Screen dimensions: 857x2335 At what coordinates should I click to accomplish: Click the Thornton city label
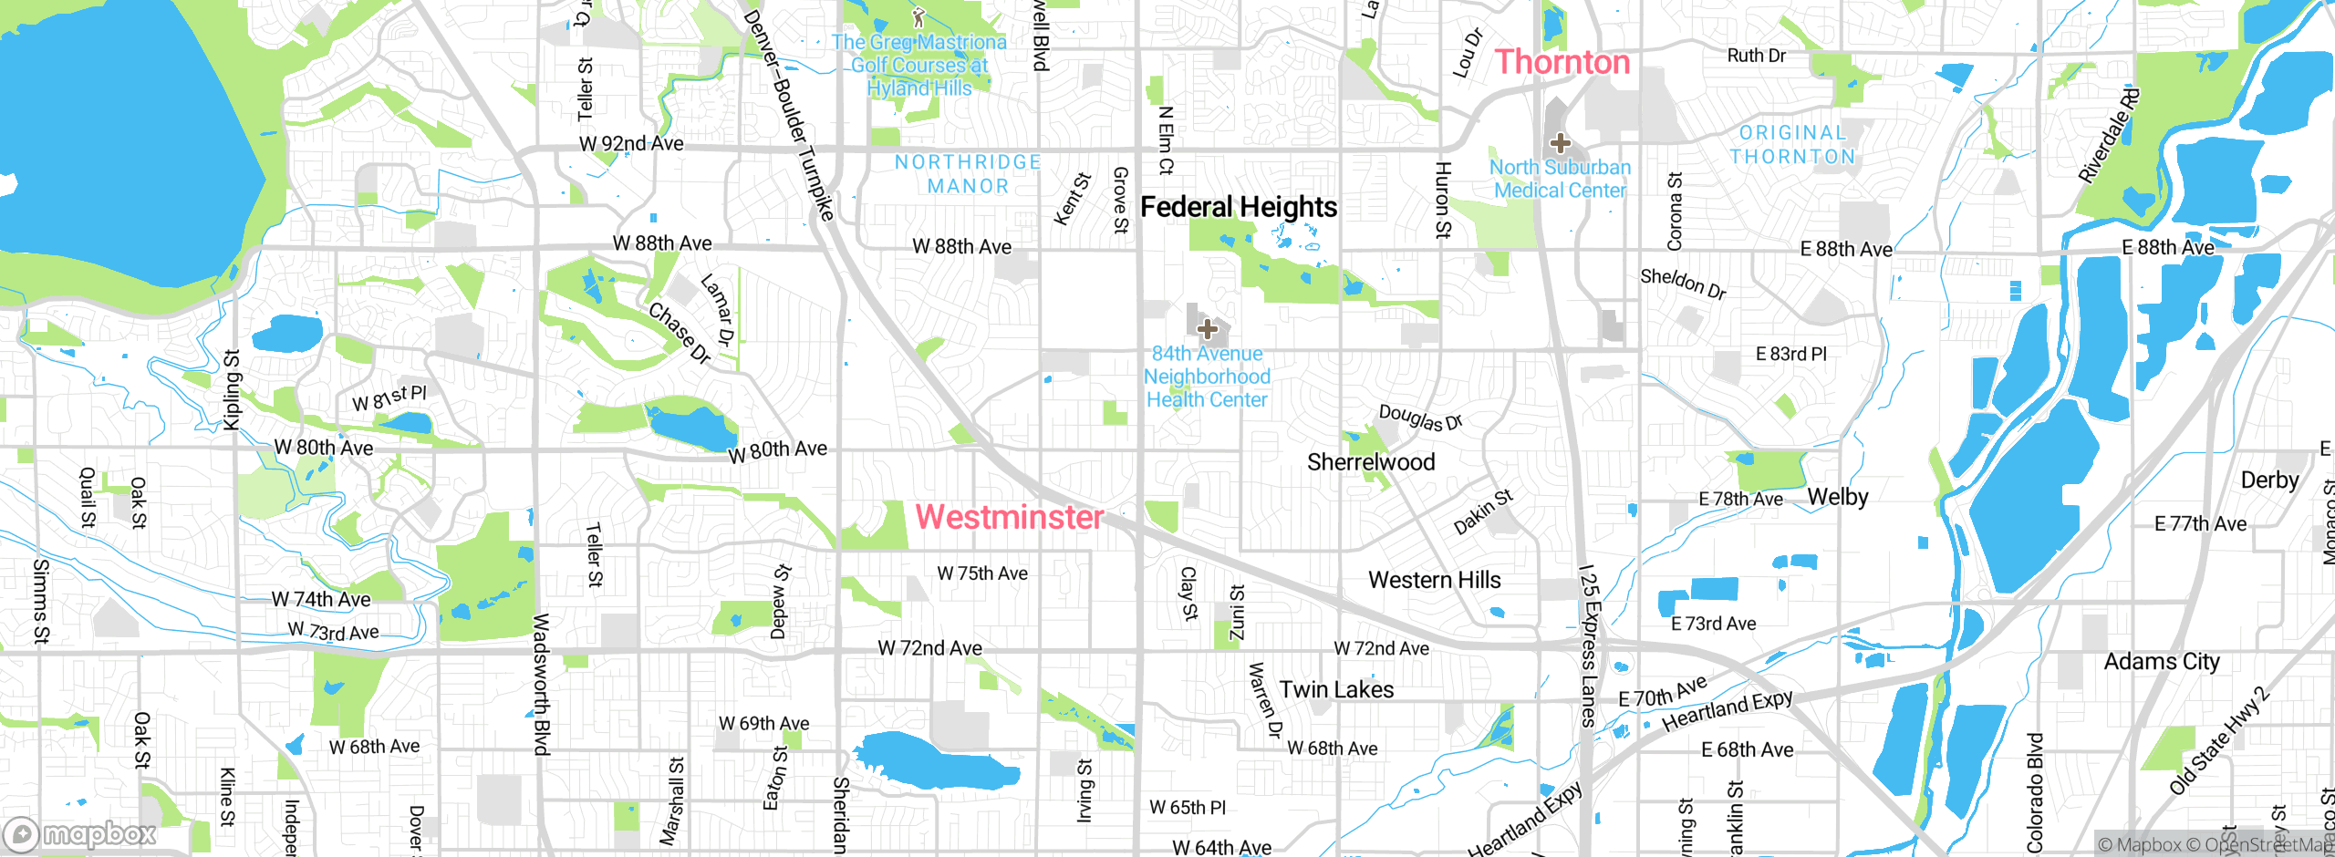point(1562,62)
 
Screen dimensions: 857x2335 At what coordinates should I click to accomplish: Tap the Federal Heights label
point(1239,207)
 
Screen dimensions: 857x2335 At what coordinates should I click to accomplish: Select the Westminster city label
point(1010,517)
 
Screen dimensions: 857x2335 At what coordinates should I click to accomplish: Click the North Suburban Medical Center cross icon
point(1561,143)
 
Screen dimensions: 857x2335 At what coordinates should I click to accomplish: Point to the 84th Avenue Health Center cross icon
point(1207,329)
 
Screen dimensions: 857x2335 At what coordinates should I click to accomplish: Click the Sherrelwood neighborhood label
point(1371,462)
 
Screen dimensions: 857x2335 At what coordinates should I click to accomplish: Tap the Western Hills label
point(1434,580)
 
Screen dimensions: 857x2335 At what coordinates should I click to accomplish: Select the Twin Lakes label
point(1336,689)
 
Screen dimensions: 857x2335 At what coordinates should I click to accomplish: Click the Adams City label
point(2162,662)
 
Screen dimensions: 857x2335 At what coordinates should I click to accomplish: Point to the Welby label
point(1838,497)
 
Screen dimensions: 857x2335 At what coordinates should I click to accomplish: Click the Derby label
point(2269,480)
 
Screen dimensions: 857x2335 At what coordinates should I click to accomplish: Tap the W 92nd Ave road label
point(631,144)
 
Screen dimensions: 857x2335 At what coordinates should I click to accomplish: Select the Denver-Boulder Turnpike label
point(788,114)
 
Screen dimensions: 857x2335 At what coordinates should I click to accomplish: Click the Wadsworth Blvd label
point(541,684)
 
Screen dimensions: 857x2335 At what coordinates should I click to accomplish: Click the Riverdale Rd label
point(2108,136)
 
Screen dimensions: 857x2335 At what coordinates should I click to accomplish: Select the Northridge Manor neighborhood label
point(968,174)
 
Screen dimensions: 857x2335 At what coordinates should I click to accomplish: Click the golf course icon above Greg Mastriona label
point(918,17)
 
